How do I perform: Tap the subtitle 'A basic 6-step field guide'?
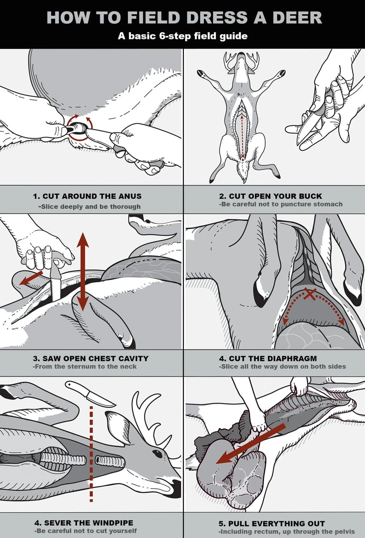click(x=182, y=36)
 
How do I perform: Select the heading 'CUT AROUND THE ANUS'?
click(x=87, y=196)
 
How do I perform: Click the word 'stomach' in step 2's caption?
click(x=327, y=204)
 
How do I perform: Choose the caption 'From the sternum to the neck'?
click(x=84, y=367)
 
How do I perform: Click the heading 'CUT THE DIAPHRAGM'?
click(x=272, y=358)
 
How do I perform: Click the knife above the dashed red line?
click(x=90, y=394)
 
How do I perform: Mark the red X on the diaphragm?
click(x=310, y=294)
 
